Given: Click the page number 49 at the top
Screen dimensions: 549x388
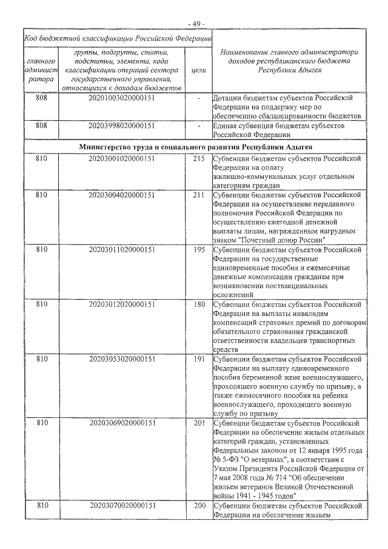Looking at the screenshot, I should click(x=196, y=23).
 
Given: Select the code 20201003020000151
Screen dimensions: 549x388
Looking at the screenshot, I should click(x=121, y=98).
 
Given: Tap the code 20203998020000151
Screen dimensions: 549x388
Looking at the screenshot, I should click(x=121, y=126).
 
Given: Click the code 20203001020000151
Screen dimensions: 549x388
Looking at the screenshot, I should click(x=121, y=159).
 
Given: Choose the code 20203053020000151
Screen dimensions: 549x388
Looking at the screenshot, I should click(x=121, y=359).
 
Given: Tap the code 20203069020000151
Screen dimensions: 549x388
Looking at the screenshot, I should click(x=121, y=423).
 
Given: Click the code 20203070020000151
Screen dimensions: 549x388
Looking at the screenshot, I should click(x=121, y=505).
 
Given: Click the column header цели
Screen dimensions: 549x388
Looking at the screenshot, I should click(x=198, y=70).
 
